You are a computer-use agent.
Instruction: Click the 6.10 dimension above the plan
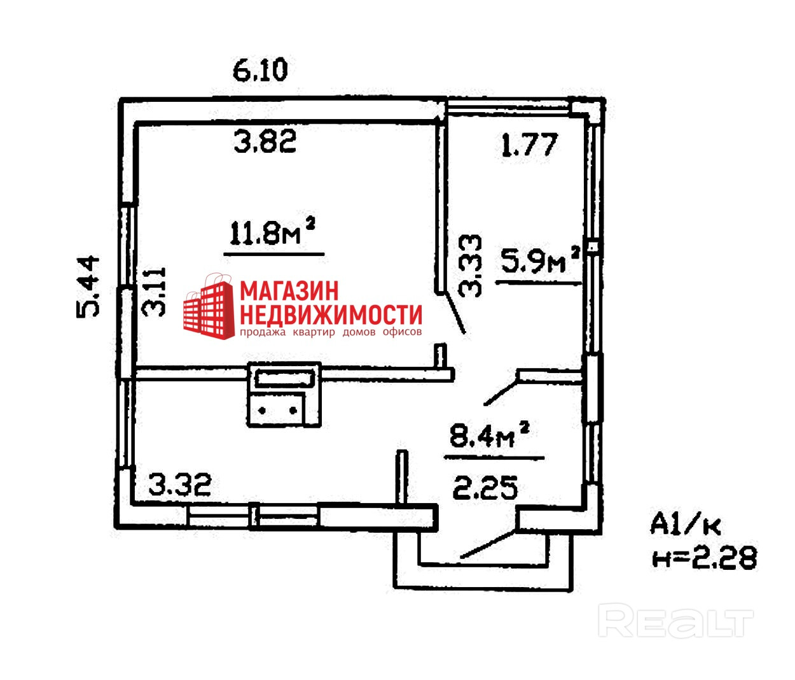pos(260,70)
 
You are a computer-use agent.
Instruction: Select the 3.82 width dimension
pos(265,141)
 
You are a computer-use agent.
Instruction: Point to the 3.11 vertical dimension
pos(155,292)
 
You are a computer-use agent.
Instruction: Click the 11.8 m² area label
pos(273,233)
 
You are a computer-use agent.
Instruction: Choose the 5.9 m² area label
pos(540,260)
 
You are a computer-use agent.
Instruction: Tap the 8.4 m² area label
pos(489,436)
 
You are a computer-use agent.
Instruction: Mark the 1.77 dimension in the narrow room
pos(529,146)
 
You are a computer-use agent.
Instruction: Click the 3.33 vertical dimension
pos(471,266)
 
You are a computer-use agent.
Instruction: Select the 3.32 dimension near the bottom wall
pos(179,485)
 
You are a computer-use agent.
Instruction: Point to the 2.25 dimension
pos(485,489)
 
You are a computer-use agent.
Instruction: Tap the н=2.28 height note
pos(705,558)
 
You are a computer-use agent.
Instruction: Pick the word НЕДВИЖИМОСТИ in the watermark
pos(331,315)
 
